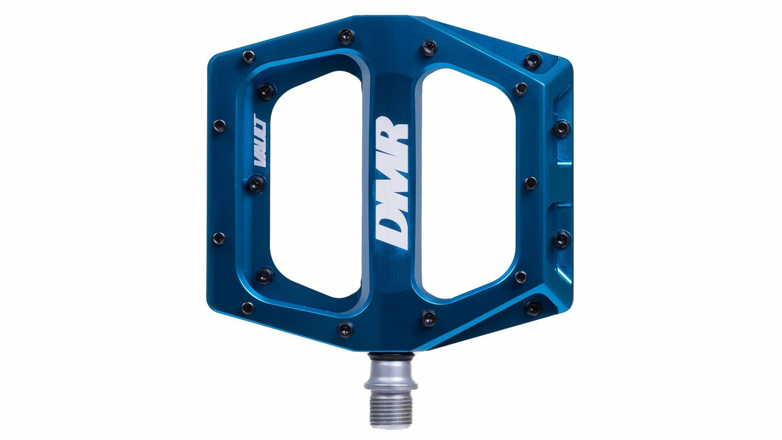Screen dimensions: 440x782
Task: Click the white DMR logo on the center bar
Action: (x=391, y=182)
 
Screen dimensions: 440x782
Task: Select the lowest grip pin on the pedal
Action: (x=345, y=329)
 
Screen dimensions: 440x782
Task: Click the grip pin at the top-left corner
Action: (x=248, y=57)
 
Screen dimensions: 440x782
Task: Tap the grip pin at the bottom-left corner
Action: (x=247, y=307)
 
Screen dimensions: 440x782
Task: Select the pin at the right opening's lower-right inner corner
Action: (x=521, y=276)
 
